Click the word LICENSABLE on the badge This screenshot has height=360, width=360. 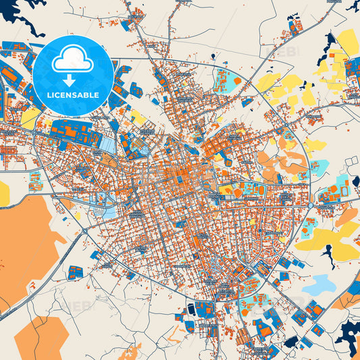tap(72, 94)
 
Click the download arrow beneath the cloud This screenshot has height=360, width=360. tap(72, 80)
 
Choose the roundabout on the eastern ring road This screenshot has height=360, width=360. tap(309, 204)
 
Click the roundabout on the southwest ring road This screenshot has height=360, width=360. tap(84, 230)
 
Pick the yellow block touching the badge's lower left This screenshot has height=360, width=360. tap(30, 118)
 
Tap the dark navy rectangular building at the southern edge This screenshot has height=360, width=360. tap(190, 309)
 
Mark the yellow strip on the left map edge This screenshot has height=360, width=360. tap(4, 193)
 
